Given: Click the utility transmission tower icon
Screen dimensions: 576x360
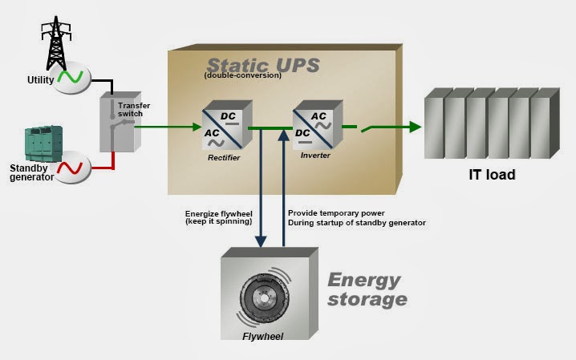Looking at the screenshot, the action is click(x=56, y=43).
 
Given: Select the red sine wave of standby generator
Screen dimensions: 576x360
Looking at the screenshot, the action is click(x=70, y=168).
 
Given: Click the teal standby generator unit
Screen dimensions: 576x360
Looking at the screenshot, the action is click(x=43, y=143).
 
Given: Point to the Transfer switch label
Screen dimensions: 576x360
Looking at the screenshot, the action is click(x=134, y=109).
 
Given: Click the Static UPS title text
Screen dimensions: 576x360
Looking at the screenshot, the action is click(x=263, y=65).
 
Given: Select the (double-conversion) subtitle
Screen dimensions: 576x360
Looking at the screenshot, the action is click(x=243, y=75).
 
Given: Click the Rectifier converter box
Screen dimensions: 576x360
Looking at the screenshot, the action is click(x=227, y=126).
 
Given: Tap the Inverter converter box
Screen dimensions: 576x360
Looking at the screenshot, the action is click(x=318, y=125).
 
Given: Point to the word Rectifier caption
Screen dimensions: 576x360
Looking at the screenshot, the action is click(x=224, y=157).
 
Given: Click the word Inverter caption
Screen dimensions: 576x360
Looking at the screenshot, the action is click(x=315, y=156).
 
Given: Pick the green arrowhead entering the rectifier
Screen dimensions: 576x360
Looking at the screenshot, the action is click(x=197, y=127).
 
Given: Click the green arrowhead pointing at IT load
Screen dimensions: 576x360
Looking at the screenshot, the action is click(x=415, y=127).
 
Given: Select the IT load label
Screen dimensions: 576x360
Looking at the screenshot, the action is click(x=493, y=175).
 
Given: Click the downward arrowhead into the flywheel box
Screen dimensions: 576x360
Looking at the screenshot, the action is click(x=261, y=241).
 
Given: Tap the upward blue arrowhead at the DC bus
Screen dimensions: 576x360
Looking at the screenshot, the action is click(x=284, y=135).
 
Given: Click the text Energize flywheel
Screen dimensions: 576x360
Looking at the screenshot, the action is click(x=218, y=214).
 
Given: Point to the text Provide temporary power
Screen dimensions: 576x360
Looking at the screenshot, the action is click(x=336, y=213).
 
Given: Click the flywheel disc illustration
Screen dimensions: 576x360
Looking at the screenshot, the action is click(x=265, y=297).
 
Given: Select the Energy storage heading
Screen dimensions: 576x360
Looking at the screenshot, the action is click(x=367, y=290).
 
